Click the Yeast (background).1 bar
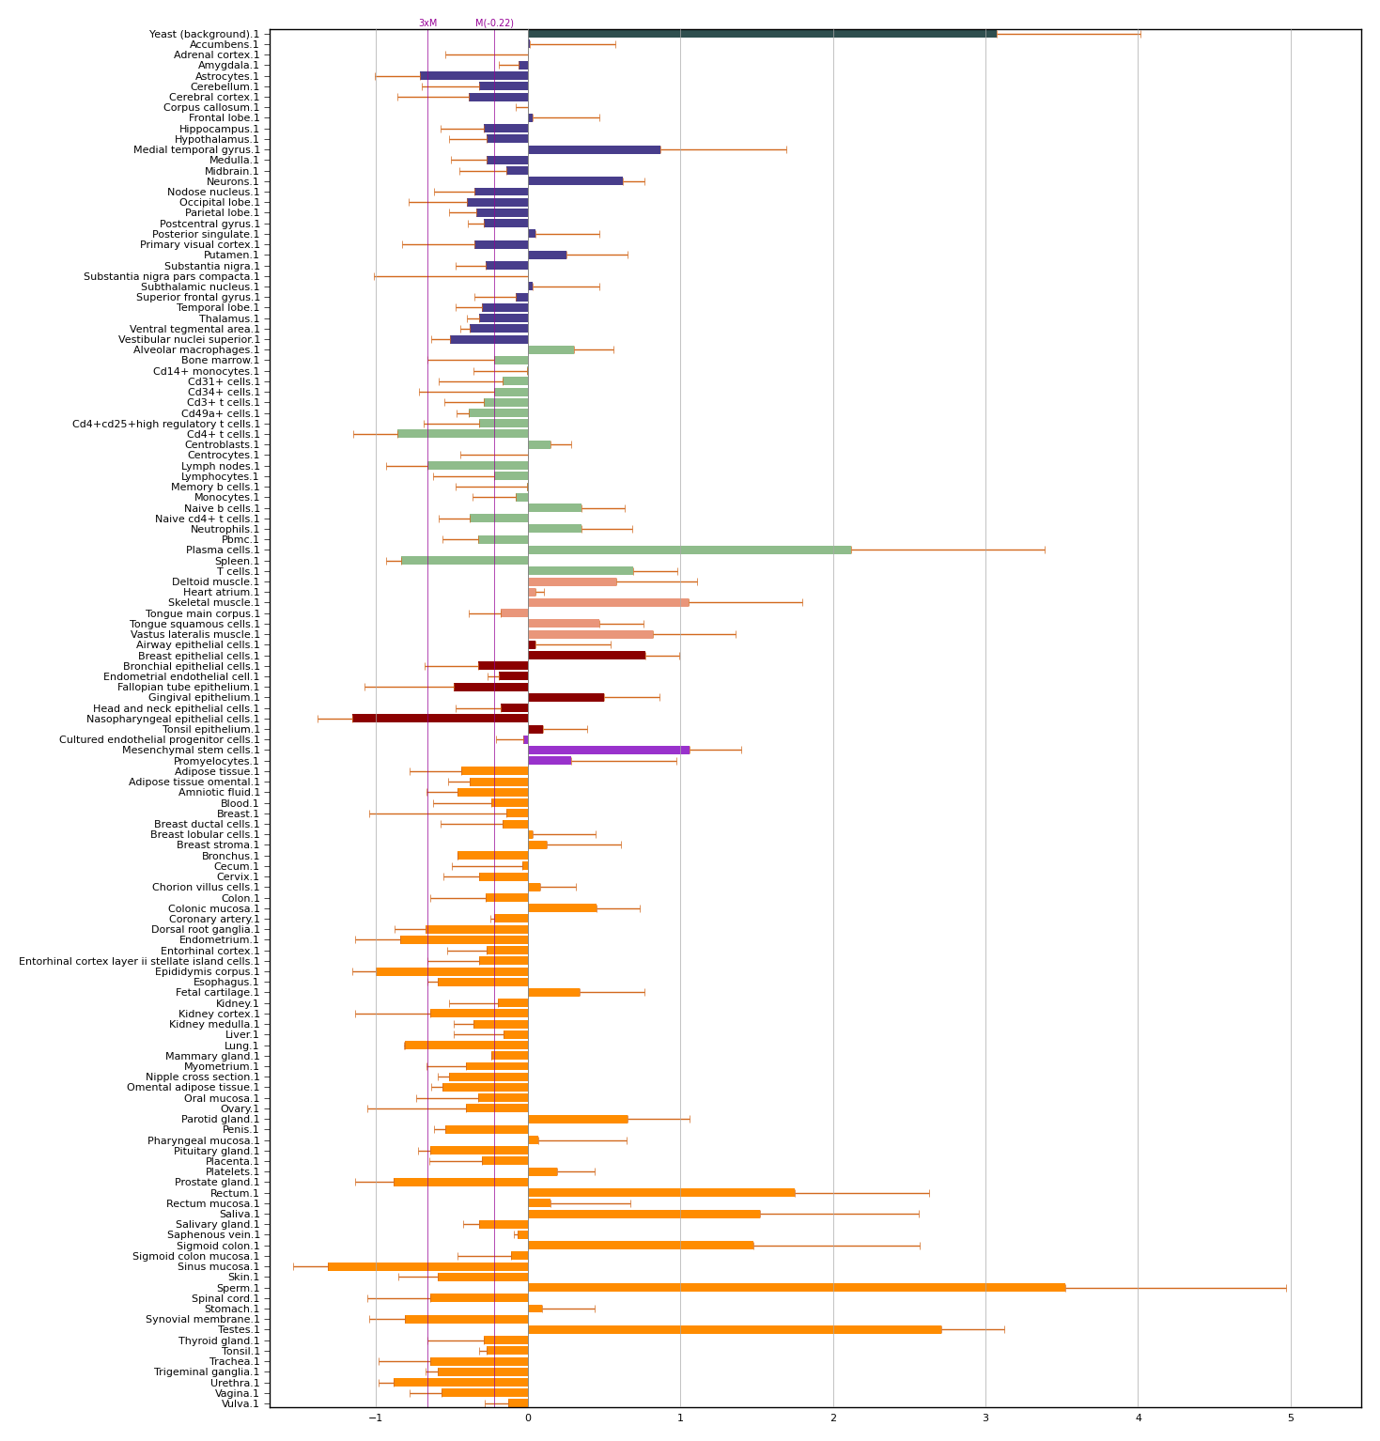762,34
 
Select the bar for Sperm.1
797,1287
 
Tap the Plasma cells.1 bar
690,550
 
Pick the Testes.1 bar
735,1329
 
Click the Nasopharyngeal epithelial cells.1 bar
440,719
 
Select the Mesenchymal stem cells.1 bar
609,750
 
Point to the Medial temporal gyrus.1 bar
594,149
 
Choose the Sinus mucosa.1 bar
427,1266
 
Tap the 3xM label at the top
427,23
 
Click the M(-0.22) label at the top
494,23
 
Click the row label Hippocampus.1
219,129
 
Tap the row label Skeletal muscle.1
213,602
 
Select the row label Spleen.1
237,561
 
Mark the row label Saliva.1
240,1214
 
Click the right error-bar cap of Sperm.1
1286,1287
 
